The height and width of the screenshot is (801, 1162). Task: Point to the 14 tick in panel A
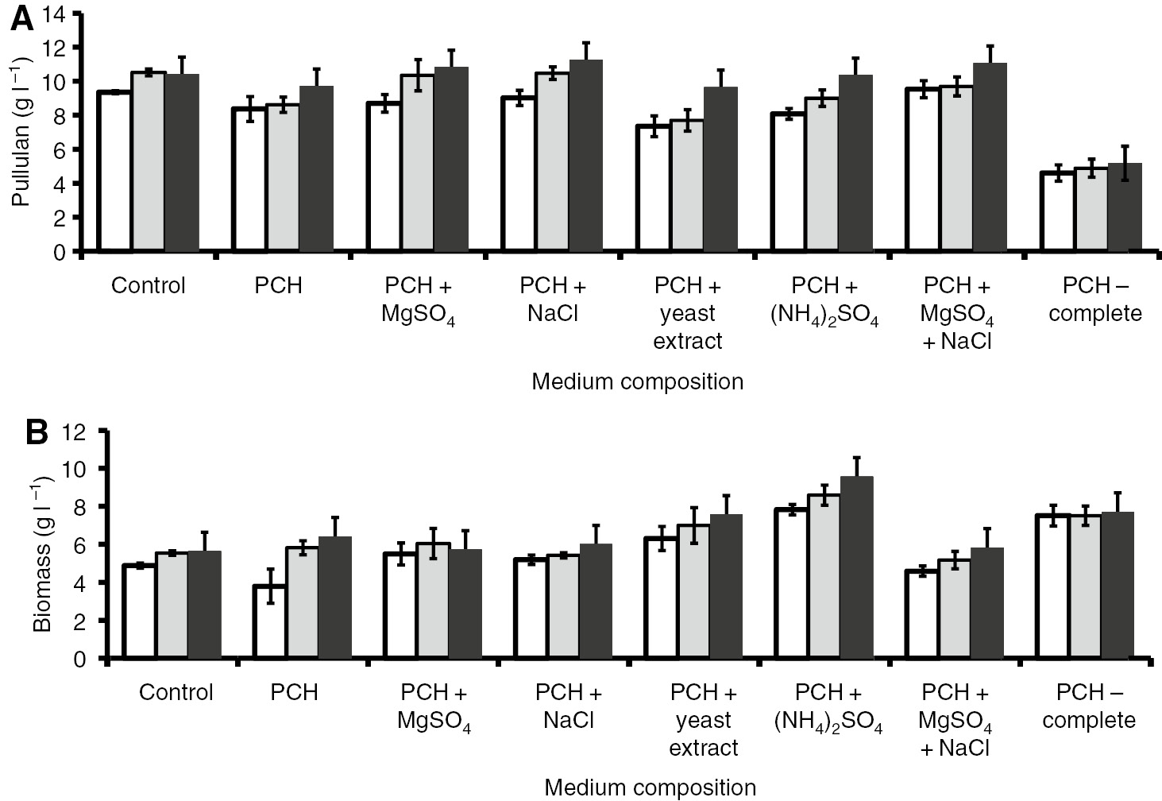pyautogui.click(x=63, y=14)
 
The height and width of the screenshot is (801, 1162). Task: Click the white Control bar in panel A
pyautogui.click(x=114, y=172)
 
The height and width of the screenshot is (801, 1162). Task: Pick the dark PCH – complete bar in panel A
pyautogui.click(x=1124, y=207)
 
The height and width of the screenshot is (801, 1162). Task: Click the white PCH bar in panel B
pyautogui.click(x=270, y=621)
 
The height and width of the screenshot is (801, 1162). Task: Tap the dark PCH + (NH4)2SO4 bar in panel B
pyautogui.click(x=856, y=567)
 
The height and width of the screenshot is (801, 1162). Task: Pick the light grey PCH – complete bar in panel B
pyautogui.click(x=1085, y=586)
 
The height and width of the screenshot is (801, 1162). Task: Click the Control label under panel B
pyautogui.click(x=176, y=692)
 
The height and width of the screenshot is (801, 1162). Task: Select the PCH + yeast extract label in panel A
pyautogui.click(x=688, y=313)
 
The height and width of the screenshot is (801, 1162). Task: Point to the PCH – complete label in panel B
pyautogui.click(x=1089, y=706)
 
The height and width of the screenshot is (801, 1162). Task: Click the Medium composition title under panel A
pyautogui.click(x=637, y=381)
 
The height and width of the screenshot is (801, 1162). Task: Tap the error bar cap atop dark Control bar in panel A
pyautogui.click(x=182, y=57)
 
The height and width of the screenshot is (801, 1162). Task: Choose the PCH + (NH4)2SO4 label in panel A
pyautogui.click(x=824, y=300)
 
